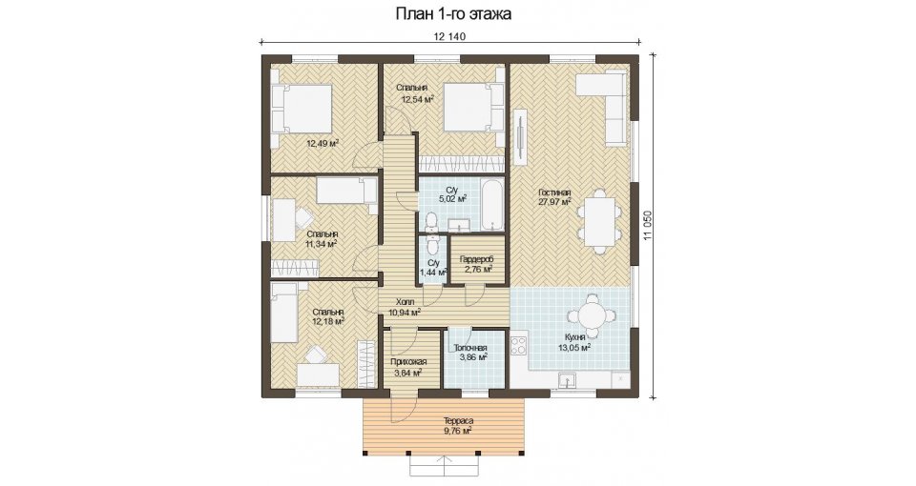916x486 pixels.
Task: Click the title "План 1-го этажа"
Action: [453, 13]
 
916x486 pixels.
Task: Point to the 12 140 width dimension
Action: [449, 36]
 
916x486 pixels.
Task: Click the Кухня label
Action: [575, 336]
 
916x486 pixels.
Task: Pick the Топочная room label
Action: [470, 349]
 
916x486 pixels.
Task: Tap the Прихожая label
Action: [408, 362]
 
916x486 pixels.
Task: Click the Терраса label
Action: [458, 420]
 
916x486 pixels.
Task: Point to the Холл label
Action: [405, 302]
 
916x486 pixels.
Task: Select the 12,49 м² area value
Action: [323, 143]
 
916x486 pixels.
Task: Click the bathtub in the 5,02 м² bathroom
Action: [492, 204]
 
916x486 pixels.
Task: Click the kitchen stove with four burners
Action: [519, 344]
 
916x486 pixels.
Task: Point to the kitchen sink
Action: [567, 380]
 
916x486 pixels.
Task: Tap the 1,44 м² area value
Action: [433, 273]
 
